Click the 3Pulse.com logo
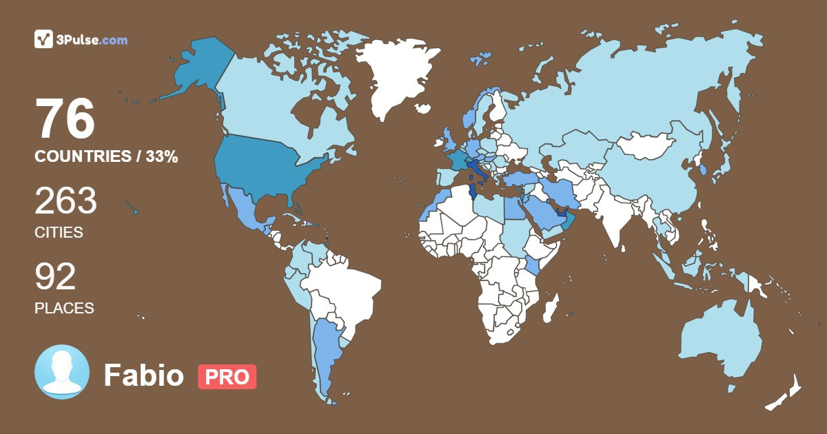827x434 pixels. click(81, 39)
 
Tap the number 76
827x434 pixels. click(65, 119)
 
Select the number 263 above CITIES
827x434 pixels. click(65, 201)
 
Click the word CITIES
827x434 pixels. click(59, 233)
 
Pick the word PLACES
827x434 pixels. click(64, 308)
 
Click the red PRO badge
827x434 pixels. click(227, 377)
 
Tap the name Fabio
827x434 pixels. click(143, 376)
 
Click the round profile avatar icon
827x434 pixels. click(62, 372)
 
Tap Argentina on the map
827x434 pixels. click(326, 351)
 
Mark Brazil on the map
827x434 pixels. click(345, 289)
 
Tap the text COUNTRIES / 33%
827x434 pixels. click(106, 157)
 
